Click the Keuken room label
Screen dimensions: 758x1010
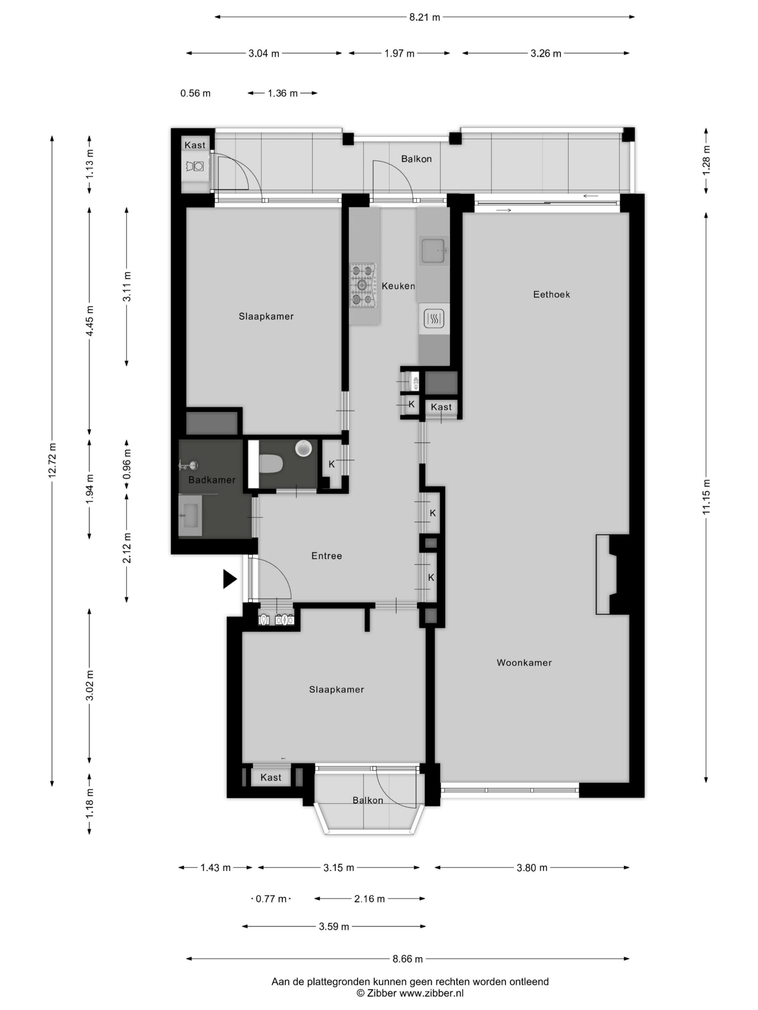[398, 286]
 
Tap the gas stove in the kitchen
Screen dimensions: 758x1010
[364, 285]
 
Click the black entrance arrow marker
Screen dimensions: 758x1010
[230, 579]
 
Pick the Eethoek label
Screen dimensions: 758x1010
[552, 294]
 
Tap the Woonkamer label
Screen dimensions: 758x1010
[524, 662]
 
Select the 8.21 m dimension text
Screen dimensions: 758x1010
[424, 17]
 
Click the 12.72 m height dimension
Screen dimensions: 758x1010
[52, 460]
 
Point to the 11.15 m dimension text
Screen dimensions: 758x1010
[706, 497]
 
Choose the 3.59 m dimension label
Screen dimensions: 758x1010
[334, 926]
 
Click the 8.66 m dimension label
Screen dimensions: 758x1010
[407, 959]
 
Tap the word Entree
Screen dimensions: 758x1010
[326, 555]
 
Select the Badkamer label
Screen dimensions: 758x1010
[212, 480]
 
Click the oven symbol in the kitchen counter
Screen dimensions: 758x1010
[433, 318]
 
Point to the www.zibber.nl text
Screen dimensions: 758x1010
[432, 993]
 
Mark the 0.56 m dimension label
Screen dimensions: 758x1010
[195, 93]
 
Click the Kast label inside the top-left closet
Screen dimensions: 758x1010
[195, 145]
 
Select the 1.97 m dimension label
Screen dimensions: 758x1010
[400, 53]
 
